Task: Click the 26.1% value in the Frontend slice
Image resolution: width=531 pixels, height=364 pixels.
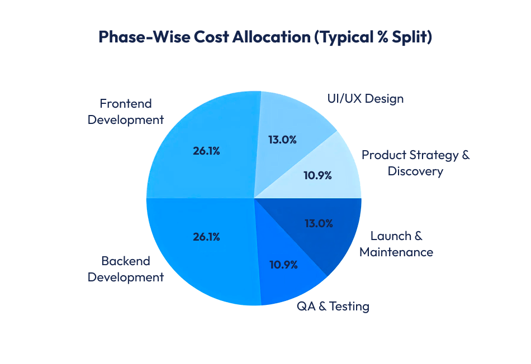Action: pyautogui.click(x=206, y=151)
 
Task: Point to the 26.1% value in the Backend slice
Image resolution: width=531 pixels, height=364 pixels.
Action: pyautogui.click(x=206, y=237)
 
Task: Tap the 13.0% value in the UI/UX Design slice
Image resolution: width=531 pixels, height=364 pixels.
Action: pyautogui.click(x=282, y=140)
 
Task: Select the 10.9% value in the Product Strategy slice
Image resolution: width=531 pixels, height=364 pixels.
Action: pyautogui.click(x=317, y=175)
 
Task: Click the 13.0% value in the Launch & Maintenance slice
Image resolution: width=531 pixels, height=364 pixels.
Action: pyautogui.click(x=319, y=223)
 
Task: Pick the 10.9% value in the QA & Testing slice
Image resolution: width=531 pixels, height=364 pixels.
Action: pyautogui.click(x=283, y=265)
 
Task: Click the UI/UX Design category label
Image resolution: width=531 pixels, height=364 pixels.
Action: pyautogui.click(x=365, y=99)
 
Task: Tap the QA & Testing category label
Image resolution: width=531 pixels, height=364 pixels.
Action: pyautogui.click(x=333, y=306)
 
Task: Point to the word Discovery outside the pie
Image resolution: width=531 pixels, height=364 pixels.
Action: pyautogui.click(x=415, y=171)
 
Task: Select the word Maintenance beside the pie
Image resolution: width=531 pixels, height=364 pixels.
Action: pyautogui.click(x=396, y=252)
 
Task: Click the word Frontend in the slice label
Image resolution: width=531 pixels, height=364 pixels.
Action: pyautogui.click(x=126, y=104)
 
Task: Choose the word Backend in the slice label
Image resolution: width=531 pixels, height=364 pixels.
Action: pyautogui.click(x=126, y=261)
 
